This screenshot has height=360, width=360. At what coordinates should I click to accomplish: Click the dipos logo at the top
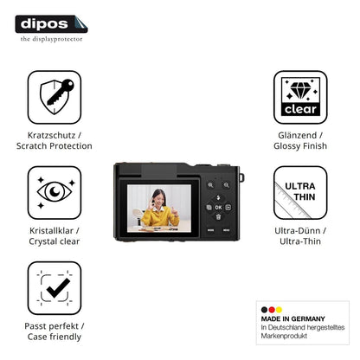[x=51, y=24]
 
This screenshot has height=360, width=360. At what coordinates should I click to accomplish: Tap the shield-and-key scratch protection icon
[x=55, y=97]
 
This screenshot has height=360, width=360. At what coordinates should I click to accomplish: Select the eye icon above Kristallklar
[x=55, y=192]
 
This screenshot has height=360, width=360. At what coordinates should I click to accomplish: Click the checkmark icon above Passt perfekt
[x=55, y=288]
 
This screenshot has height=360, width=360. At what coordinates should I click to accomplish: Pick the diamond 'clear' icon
[x=300, y=97]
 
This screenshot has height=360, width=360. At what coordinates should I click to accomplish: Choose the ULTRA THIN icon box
[x=300, y=192]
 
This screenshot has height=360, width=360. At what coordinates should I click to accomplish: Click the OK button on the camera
[x=218, y=208]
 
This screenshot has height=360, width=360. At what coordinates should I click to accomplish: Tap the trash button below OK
[x=218, y=217]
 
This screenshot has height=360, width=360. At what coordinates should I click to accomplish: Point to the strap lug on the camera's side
[x=241, y=177]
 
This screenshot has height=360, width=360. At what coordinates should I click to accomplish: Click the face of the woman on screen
[x=158, y=198]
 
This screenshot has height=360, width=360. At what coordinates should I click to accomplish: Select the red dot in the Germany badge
[x=272, y=310]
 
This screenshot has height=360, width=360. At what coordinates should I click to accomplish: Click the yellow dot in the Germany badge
[x=279, y=310]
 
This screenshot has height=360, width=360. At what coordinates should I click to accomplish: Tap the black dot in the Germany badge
[x=264, y=310]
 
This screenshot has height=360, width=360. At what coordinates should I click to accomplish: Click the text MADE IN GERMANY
[x=292, y=318]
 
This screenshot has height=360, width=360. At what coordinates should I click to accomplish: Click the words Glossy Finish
[x=300, y=146]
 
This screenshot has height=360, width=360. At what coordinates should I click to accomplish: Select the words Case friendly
[x=55, y=337]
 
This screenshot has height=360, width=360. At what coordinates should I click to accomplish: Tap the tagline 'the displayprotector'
[x=51, y=39]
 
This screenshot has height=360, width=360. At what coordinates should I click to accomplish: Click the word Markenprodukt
[x=284, y=336]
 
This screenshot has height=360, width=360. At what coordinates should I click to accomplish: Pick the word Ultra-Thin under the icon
[x=300, y=241]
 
